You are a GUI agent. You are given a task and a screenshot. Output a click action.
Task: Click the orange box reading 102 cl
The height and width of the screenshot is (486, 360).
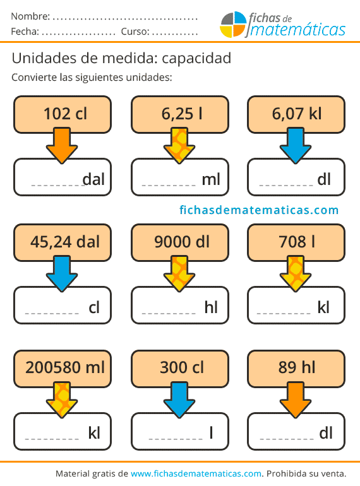[63, 114]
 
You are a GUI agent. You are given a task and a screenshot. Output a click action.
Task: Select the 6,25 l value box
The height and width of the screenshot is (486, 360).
[180, 114]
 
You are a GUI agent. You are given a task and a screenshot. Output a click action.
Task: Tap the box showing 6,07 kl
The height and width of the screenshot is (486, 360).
[296, 114]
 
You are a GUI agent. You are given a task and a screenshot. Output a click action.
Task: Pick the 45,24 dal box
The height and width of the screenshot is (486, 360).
[63, 242]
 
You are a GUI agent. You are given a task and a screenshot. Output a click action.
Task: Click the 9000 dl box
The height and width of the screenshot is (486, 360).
[180, 242]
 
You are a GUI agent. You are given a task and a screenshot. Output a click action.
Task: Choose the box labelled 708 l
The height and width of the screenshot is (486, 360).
[296, 242]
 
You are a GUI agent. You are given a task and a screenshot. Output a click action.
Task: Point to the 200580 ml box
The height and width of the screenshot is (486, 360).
[63, 369]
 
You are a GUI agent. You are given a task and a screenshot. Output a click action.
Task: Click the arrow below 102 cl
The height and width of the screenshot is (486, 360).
[62, 145]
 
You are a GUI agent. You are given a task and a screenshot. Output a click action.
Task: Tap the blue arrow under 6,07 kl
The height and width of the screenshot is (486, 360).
[296, 145]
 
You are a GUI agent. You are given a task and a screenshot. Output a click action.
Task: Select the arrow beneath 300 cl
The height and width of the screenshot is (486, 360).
[179, 400]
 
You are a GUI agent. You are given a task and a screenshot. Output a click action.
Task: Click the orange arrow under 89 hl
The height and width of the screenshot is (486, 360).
[296, 400]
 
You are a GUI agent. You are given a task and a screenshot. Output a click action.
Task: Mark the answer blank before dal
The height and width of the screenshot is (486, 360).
[56, 186]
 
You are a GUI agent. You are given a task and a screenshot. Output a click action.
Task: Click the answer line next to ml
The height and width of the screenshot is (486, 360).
[169, 186]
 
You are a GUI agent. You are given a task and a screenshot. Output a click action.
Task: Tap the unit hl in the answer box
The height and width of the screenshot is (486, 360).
[211, 307]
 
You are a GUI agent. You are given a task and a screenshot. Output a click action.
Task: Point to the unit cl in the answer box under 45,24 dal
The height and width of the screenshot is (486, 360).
[94, 307]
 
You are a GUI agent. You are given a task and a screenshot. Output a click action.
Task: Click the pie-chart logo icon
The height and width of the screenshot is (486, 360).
[233, 25]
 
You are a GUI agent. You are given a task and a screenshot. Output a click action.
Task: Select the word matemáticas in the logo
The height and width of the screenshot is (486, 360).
[297, 30]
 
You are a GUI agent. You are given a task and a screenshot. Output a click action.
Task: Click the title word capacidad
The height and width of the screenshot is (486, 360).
[196, 59]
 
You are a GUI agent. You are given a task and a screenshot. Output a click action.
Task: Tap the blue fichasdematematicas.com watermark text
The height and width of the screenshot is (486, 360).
[259, 210]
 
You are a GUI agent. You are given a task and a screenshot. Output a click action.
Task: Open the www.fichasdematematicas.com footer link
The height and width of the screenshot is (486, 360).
[196, 473]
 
